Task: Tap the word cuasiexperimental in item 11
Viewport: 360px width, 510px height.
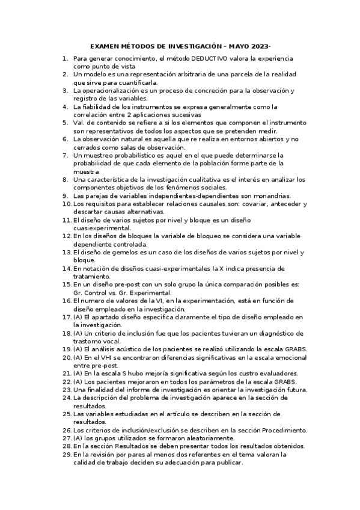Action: pos(102,228)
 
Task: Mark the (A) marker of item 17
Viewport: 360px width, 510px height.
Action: pos(78,316)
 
